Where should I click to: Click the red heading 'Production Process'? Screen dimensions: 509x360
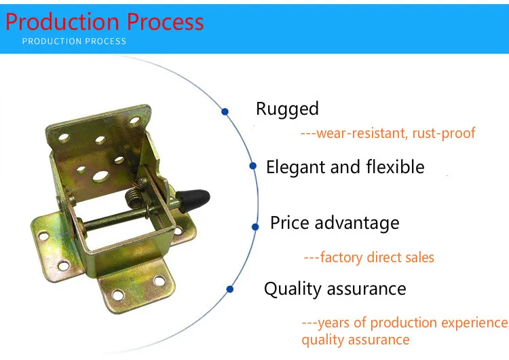(x=105, y=22)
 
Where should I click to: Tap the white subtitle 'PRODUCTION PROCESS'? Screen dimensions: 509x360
(x=74, y=41)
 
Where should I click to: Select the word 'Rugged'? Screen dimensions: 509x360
(x=287, y=109)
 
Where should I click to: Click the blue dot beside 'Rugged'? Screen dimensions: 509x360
(x=225, y=112)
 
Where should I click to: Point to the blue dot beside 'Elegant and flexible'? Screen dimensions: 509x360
(x=253, y=166)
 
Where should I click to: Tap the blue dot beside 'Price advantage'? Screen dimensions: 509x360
(x=255, y=227)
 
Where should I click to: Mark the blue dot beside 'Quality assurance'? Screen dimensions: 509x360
(x=230, y=289)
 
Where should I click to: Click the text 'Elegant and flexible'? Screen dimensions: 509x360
(x=345, y=167)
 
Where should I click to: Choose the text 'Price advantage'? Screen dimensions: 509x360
(x=335, y=223)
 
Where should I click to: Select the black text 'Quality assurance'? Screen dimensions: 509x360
(x=335, y=289)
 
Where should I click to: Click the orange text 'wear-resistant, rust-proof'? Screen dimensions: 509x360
(x=396, y=133)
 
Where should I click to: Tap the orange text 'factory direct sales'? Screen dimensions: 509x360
(x=377, y=257)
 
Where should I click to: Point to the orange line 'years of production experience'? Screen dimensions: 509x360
(x=412, y=323)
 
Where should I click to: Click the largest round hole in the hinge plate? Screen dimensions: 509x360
(x=100, y=177)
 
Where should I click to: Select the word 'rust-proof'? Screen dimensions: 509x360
(x=444, y=133)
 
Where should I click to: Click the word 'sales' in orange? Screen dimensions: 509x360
(x=419, y=257)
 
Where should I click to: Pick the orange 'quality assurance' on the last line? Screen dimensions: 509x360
(x=356, y=340)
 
